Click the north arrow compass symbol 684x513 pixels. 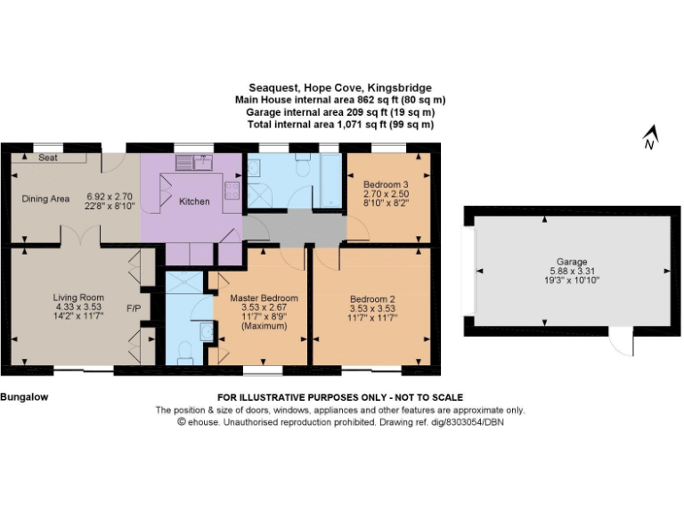650,138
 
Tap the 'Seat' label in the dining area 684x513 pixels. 48,158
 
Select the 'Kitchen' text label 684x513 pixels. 194,201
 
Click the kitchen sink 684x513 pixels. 191,161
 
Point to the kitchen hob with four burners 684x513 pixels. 232,189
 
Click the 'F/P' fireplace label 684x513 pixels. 134,308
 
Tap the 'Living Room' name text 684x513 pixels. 78,297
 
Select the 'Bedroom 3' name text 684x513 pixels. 386,184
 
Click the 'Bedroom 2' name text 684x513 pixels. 371,298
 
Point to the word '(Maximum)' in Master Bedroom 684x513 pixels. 263,327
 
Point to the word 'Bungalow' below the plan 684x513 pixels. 23,396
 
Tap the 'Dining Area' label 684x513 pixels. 45,199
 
